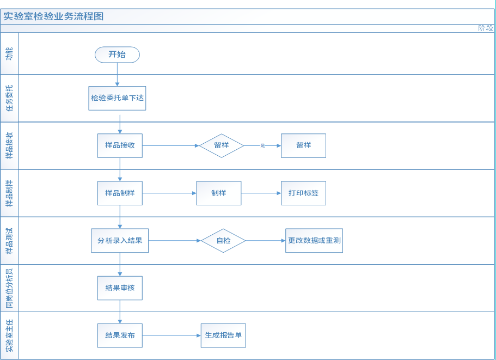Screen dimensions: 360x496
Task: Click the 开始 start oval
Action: pos(117,54)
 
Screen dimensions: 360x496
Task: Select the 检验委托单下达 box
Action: pos(117,99)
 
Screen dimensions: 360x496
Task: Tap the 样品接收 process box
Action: pos(120,145)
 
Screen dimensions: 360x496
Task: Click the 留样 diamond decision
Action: pos(221,145)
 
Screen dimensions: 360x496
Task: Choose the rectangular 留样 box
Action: pos(303,145)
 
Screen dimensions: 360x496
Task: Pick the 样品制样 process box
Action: pos(120,193)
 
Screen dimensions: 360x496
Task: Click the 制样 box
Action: pos(218,193)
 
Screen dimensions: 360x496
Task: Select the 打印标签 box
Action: pos(303,193)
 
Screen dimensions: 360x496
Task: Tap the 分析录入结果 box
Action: pos(120,240)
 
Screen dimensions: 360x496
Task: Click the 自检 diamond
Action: pos(223,240)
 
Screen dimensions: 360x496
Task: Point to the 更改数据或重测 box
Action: pos(314,240)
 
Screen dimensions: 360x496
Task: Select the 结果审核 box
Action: pos(120,288)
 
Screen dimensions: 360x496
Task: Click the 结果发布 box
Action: pos(120,335)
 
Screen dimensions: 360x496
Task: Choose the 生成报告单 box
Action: pos(223,335)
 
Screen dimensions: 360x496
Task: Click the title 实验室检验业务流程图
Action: pos(53,16)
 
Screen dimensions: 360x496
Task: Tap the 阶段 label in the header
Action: pos(485,28)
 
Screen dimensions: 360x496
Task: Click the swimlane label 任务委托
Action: pos(9,98)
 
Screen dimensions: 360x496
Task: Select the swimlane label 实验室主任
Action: pos(9,335)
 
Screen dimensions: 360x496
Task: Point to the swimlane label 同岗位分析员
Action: pos(9,288)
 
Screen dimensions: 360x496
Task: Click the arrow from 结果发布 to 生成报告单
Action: pos(172,335)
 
